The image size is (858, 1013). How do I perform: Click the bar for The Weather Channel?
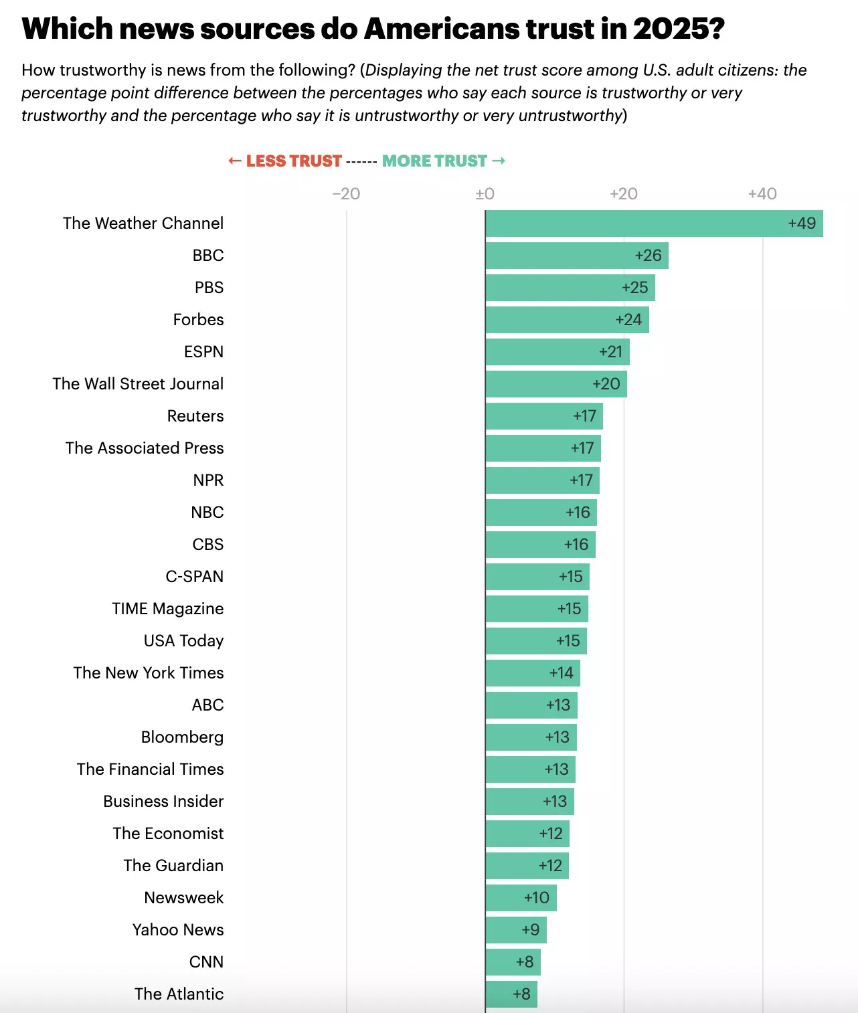(654, 223)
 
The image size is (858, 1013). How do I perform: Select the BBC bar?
(577, 256)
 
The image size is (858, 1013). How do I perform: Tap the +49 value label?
(802, 223)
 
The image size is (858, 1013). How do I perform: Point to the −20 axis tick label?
(346, 194)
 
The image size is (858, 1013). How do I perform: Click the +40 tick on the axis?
(762, 194)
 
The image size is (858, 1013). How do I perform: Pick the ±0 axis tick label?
(485, 194)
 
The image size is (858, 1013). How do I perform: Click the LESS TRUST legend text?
(294, 161)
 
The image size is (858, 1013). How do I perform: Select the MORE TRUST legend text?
(434, 161)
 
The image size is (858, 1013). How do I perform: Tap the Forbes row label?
(198, 320)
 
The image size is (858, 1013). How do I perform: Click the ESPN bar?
(557, 352)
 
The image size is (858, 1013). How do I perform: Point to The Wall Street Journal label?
(138, 384)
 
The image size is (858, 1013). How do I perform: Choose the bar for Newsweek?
(521, 898)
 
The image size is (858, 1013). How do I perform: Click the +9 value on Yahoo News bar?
(531, 930)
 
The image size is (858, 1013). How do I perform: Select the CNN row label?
(206, 962)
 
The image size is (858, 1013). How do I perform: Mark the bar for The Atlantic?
(511, 994)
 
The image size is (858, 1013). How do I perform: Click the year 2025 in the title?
(678, 29)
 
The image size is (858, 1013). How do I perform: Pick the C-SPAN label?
(195, 577)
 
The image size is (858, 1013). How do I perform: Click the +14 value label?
(561, 673)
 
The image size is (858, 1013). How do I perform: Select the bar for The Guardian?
(527, 866)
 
